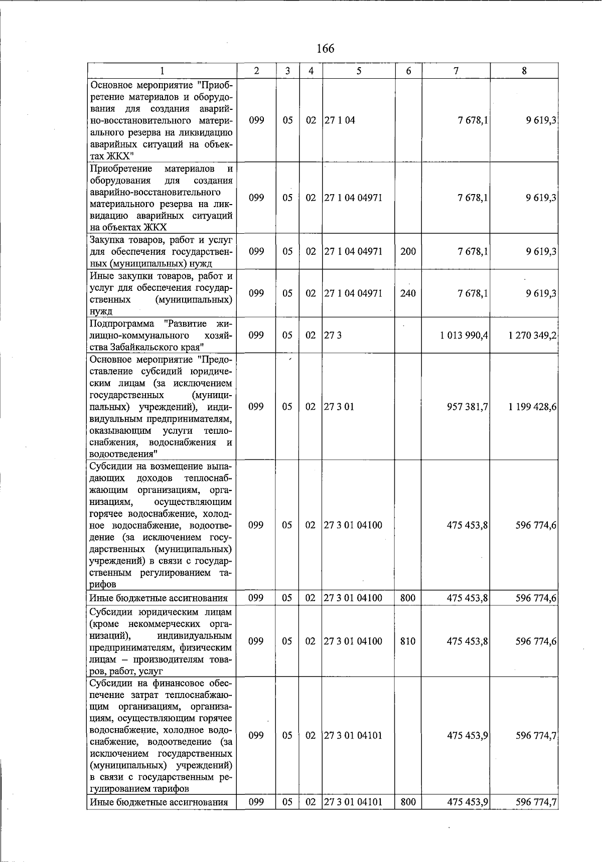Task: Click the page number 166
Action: [325, 49]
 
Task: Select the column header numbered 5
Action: [359, 71]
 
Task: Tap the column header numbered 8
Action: [524, 71]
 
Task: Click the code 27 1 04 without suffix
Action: [340, 120]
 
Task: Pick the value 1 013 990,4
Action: [464, 335]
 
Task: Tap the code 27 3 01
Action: [339, 407]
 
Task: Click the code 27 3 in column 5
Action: [333, 335]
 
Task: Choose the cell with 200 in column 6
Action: [408, 251]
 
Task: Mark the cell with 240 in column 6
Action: [408, 293]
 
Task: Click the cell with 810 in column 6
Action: [408, 641]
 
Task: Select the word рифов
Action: [103, 584]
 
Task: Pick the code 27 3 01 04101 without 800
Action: [353, 736]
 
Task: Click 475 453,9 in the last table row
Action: [468, 802]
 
